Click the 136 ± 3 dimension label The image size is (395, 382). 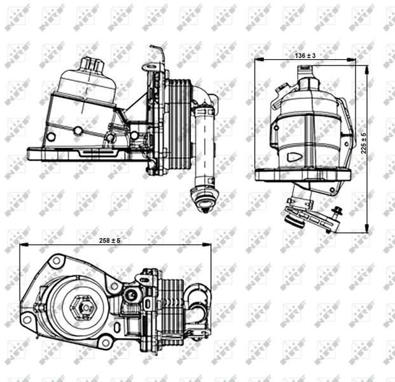(x=305, y=56)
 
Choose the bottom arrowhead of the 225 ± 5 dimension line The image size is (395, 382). (x=368, y=229)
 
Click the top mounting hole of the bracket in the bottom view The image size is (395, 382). (x=57, y=260)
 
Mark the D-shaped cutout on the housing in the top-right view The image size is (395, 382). (x=293, y=155)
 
